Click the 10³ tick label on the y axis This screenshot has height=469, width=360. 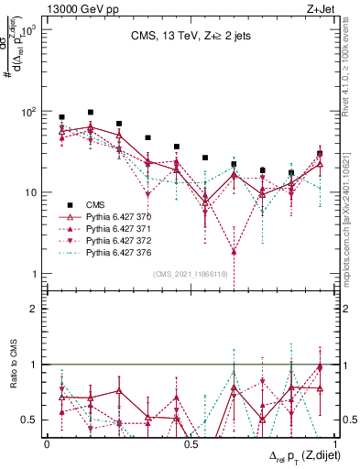(31, 30)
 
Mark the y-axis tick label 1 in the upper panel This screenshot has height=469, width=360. (36, 274)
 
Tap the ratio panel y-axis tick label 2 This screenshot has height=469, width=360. (36, 309)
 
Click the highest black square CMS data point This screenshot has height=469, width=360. (90, 112)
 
